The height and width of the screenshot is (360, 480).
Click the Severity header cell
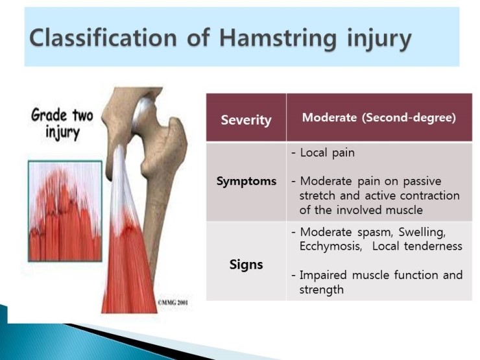(x=246, y=119)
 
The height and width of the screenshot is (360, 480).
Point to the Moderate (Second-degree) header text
(x=379, y=118)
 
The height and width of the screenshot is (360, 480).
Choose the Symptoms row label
(x=246, y=182)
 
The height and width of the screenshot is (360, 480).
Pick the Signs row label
(x=246, y=265)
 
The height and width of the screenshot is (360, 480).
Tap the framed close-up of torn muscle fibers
(x=65, y=211)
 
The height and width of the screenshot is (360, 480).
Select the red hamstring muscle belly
(x=130, y=266)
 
